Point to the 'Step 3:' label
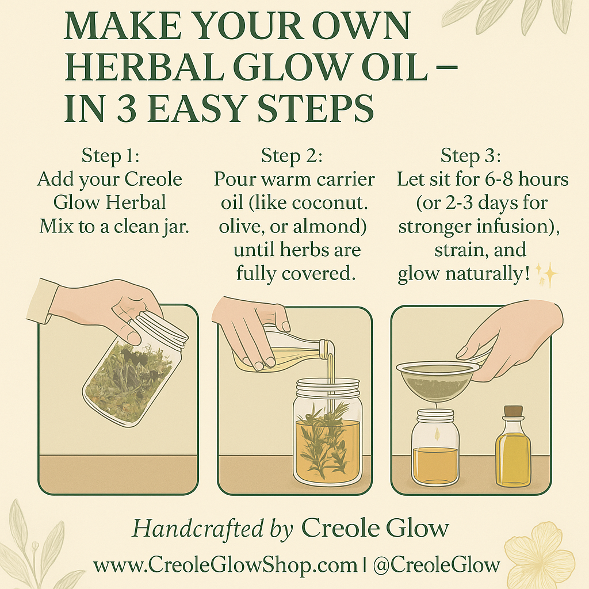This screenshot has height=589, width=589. coord(471,156)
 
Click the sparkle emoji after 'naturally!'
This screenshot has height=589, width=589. coord(547,276)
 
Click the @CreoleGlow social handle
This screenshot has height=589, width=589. coord(436,565)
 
